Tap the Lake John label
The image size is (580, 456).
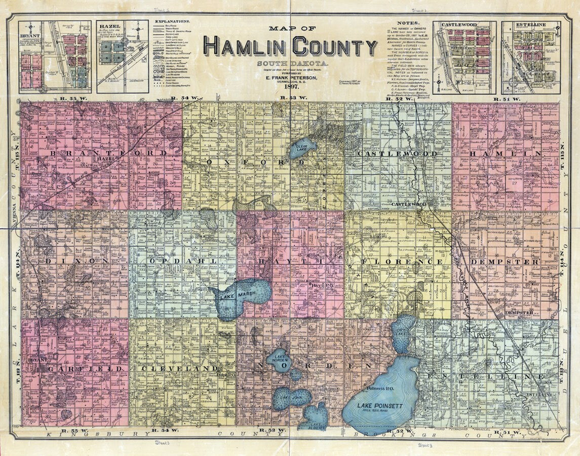click(x=291, y=398)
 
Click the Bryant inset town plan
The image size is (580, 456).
click(x=55, y=57)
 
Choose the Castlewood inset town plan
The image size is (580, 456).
click(x=465, y=57)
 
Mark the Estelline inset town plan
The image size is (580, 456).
click(x=531, y=57)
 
